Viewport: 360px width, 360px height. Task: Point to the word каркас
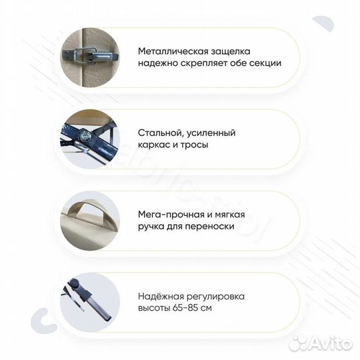click(155, 145)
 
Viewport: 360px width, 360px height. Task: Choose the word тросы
click(193, 145)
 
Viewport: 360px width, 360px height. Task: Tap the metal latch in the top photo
click(90, 55)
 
